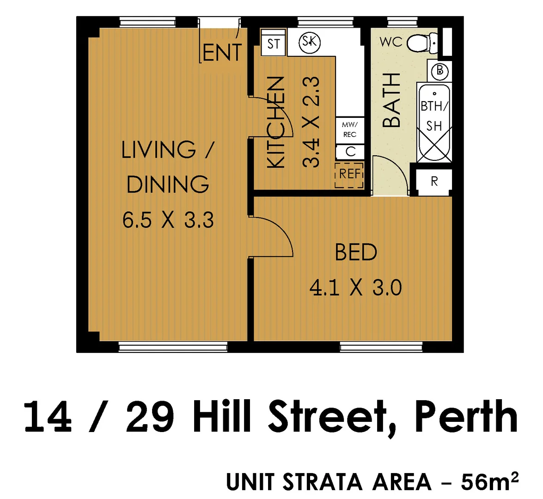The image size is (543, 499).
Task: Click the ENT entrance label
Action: (x=222, y=53)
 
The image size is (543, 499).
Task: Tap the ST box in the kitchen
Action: (x=274, y=44)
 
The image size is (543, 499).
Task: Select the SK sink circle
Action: (x=310, y=42)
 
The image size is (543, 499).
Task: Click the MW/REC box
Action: (x=350, y=129)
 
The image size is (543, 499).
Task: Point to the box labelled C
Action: (x=350, y=152)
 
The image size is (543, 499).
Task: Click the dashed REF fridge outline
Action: (x=349, y=175)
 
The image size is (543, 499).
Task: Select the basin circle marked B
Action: (x=439, y=71)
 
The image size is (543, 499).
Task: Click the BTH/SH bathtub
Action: (x=433, y=122)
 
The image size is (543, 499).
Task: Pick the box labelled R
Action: (x=434, y=181)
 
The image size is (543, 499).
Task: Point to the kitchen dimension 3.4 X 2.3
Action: (x=311, y=122)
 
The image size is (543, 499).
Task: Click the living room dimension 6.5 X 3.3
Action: (x=168, y=220)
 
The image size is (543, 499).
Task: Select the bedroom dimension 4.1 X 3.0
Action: (x=355, y=288)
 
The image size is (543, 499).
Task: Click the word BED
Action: (x=356, y=252)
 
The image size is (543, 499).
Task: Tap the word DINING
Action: (x=168, y=184)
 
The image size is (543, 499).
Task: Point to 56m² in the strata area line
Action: (x=489, y=482)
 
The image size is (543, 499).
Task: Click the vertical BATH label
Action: (x=392, y=100)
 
